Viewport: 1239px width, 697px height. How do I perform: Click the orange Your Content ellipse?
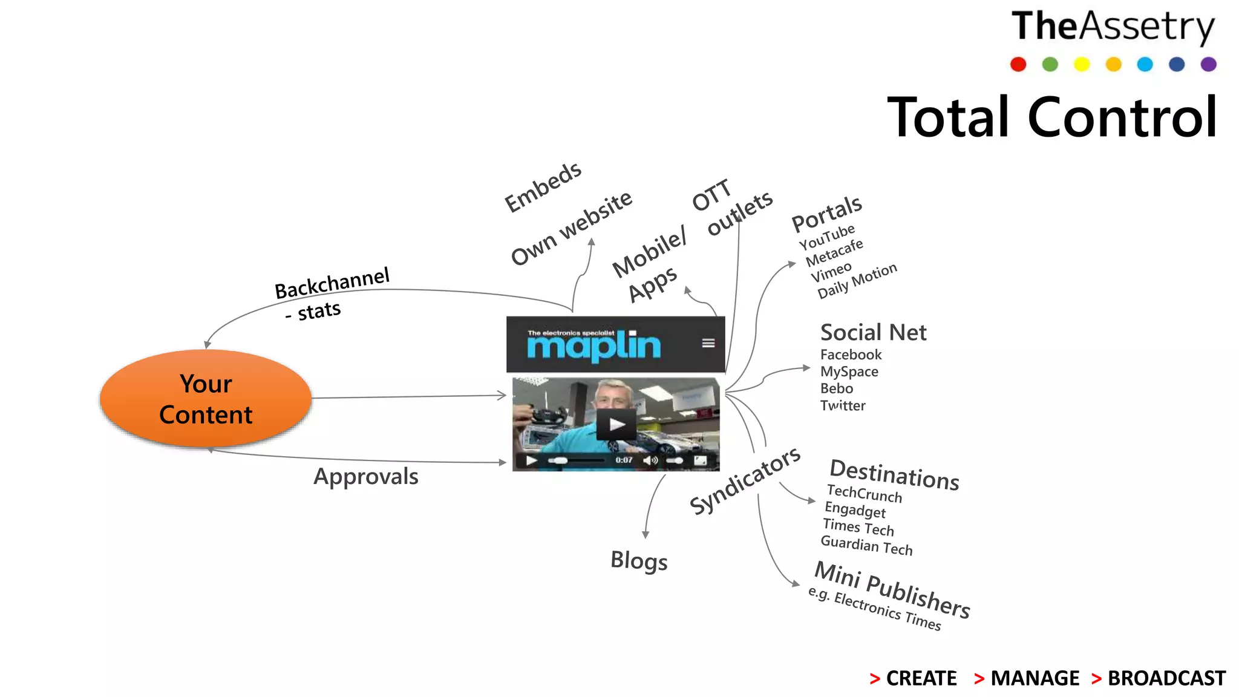(x=206, y=398)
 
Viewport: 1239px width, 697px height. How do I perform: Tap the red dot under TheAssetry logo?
(x=1018, y=64)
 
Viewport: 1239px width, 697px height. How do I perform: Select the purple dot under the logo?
(x=1208, y=64)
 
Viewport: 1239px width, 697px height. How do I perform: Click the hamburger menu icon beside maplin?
(x=708, y=343)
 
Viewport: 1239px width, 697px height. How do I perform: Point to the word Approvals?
(x=365, y=477)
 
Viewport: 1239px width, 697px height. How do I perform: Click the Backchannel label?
(x=332, y=283)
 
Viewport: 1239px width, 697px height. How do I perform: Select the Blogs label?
(x=639, y=561)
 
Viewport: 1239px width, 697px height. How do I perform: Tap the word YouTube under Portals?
(x=826, y=237)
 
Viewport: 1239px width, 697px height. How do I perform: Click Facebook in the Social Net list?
(x=851, y=355)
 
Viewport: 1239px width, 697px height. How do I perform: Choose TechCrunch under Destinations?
(x=864, y=494)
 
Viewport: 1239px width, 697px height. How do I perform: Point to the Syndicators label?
(x=745, y=480)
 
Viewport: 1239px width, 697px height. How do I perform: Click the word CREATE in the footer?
(x=921, y=678)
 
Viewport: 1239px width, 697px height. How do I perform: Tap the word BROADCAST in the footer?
(x=1166, y=678)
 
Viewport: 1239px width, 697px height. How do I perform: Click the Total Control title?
(x=1052, y=117)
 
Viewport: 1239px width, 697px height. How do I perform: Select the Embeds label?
(x=543, y=187)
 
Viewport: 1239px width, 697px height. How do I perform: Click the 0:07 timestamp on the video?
(x=624, y=460)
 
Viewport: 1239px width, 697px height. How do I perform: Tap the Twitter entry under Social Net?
(x=843, y=405)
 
